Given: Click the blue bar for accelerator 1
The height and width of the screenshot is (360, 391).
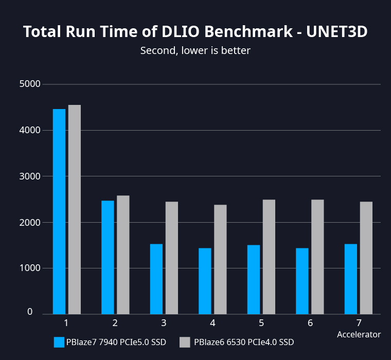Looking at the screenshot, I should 59,211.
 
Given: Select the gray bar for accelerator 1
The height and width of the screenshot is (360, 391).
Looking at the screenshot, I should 75,209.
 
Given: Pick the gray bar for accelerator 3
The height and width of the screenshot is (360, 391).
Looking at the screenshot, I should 172,258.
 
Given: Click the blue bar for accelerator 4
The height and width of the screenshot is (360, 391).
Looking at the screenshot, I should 205,281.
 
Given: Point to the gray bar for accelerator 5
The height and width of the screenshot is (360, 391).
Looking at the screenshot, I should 269,257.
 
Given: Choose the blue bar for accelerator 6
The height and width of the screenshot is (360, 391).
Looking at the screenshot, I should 302,281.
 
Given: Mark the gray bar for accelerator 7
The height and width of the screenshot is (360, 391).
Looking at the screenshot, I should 366,258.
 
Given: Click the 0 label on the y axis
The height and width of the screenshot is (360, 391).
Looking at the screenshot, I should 30,312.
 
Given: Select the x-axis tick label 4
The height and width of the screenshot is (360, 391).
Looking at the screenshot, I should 212,323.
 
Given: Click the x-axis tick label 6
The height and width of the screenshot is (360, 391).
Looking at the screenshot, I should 310,323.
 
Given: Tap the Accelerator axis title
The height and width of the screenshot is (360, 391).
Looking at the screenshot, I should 359,334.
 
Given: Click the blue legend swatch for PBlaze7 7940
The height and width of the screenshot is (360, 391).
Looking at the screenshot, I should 59,342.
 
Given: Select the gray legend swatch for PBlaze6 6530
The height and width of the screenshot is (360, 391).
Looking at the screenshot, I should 185,342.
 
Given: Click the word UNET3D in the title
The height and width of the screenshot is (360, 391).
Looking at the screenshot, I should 337,31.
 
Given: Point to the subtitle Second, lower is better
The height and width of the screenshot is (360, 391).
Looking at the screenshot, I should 195,50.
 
